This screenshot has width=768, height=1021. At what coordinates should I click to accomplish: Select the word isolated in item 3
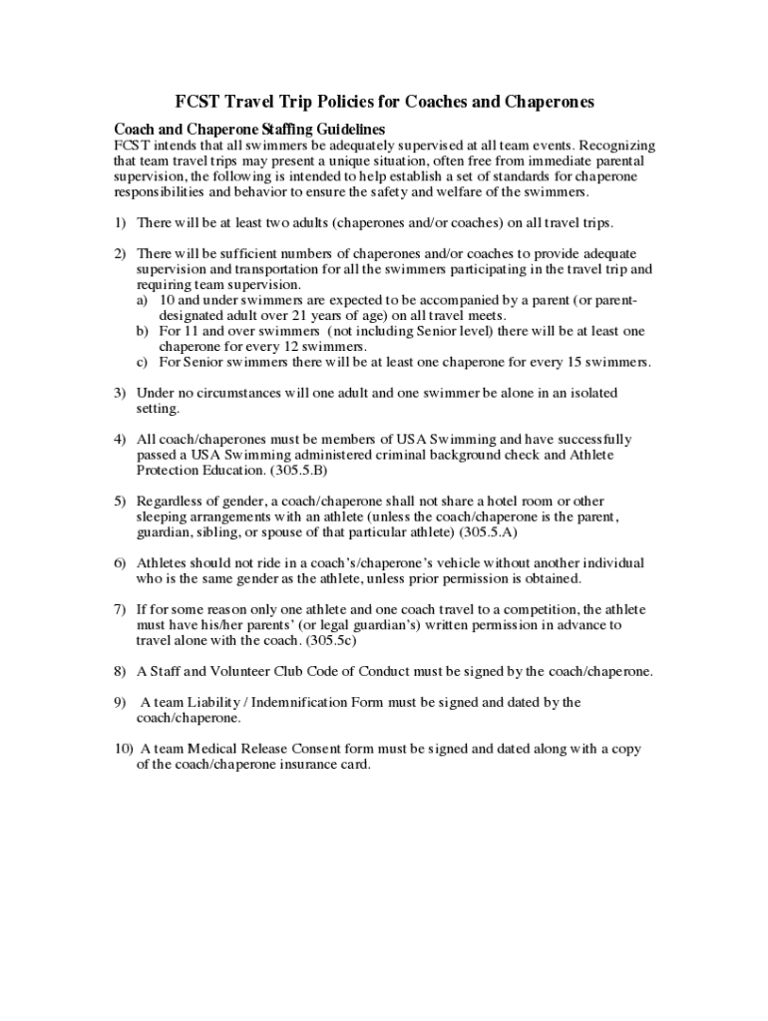pyautogui.click(x=589, y=393)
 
